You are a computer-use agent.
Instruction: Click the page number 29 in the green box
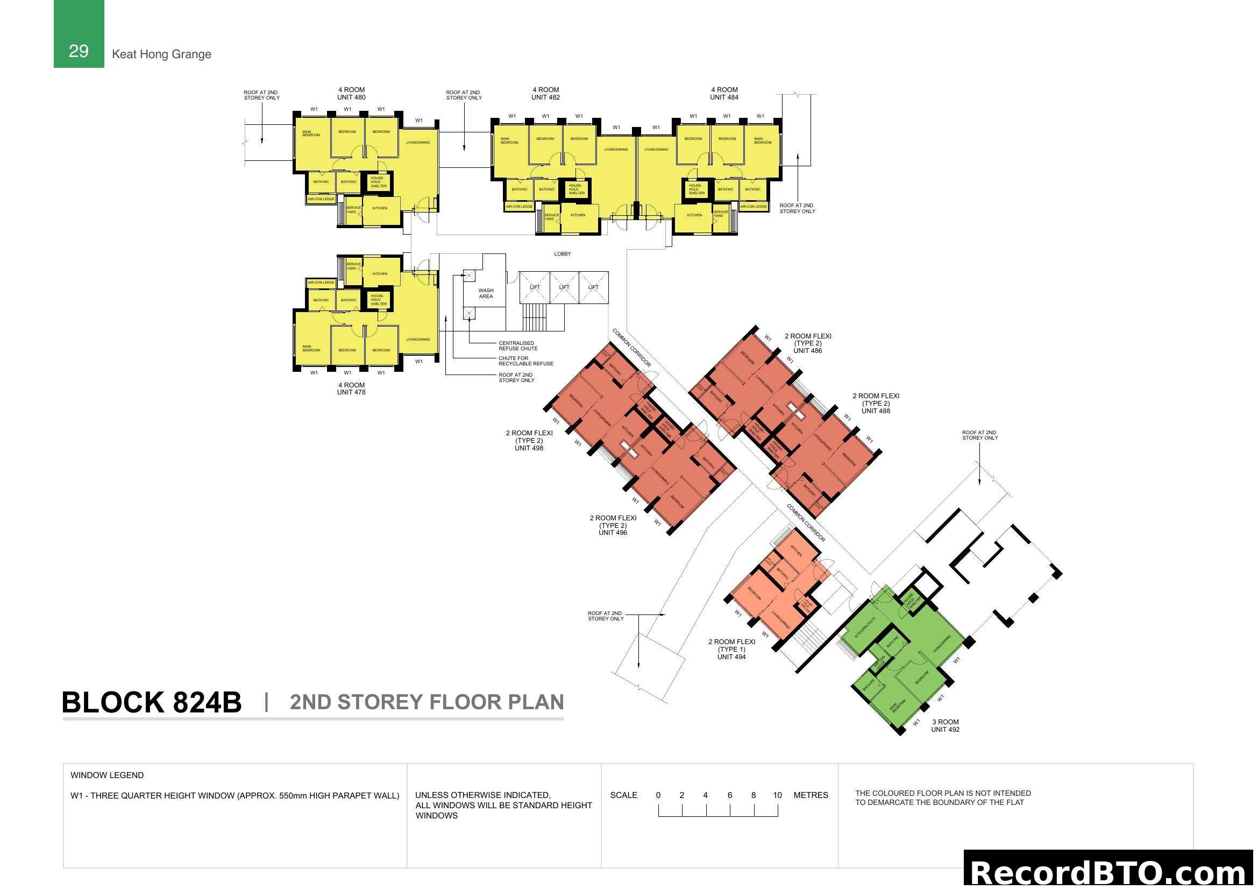[79, 51]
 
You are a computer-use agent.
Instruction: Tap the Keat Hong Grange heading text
[161, 54]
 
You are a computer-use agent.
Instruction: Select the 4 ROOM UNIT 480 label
[351, 94]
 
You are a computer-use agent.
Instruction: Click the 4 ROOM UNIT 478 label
[351, 389]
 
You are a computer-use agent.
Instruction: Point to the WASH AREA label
[486, 293]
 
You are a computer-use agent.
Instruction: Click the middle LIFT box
[564, 287]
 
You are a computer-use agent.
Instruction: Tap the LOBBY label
[562, 254]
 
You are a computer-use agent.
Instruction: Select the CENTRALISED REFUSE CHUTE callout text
[518, 346]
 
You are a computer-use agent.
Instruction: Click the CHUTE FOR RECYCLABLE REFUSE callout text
[525, 361]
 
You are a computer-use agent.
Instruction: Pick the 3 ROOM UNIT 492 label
[945, 725]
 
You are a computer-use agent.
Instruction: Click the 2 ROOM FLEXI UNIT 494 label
[731, 649]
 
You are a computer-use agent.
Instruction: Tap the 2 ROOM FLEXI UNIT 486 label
[808, 344]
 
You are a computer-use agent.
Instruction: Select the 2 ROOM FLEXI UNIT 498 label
[529, 441]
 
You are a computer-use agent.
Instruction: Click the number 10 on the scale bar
[777, 795]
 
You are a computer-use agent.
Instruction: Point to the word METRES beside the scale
[811, 795]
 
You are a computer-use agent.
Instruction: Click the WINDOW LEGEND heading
[107, 775]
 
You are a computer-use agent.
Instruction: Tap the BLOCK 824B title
[151, 702]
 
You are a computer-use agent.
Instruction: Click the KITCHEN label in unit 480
[380, 208]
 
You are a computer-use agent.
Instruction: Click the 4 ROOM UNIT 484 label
[724, 94]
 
